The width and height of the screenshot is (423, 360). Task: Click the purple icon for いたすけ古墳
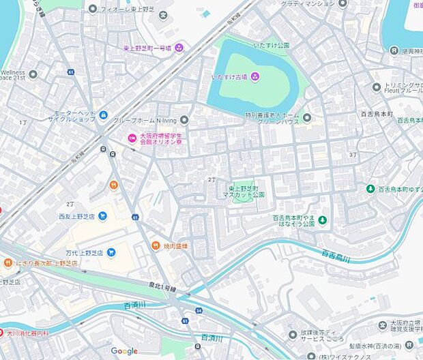[254, 76]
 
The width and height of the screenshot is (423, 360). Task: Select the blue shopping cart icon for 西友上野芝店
[102, 216]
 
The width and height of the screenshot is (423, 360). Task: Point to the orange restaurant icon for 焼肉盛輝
[156, 245]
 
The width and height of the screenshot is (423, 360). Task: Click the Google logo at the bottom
[124, 350]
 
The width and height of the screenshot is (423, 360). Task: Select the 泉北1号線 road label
[163, 288]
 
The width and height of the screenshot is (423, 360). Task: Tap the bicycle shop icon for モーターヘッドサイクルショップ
[103, 115]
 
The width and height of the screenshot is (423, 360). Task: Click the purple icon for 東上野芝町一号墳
[179, 48]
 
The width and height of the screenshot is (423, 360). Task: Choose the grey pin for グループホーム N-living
[184, 120]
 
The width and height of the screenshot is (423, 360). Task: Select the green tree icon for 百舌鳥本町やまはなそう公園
[323, 220]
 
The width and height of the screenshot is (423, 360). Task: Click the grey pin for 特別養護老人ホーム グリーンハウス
[307, 117]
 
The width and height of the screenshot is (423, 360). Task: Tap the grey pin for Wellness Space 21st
[33, 74]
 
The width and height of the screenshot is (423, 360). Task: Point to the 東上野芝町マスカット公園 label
[246, 191]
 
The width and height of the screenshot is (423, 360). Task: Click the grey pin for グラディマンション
[342, 3]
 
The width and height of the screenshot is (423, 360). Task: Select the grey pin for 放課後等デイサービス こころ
[293, 335]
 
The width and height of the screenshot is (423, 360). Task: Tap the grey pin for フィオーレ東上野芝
[93, 8]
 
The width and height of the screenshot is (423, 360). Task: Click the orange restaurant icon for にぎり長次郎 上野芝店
[8, 262]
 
